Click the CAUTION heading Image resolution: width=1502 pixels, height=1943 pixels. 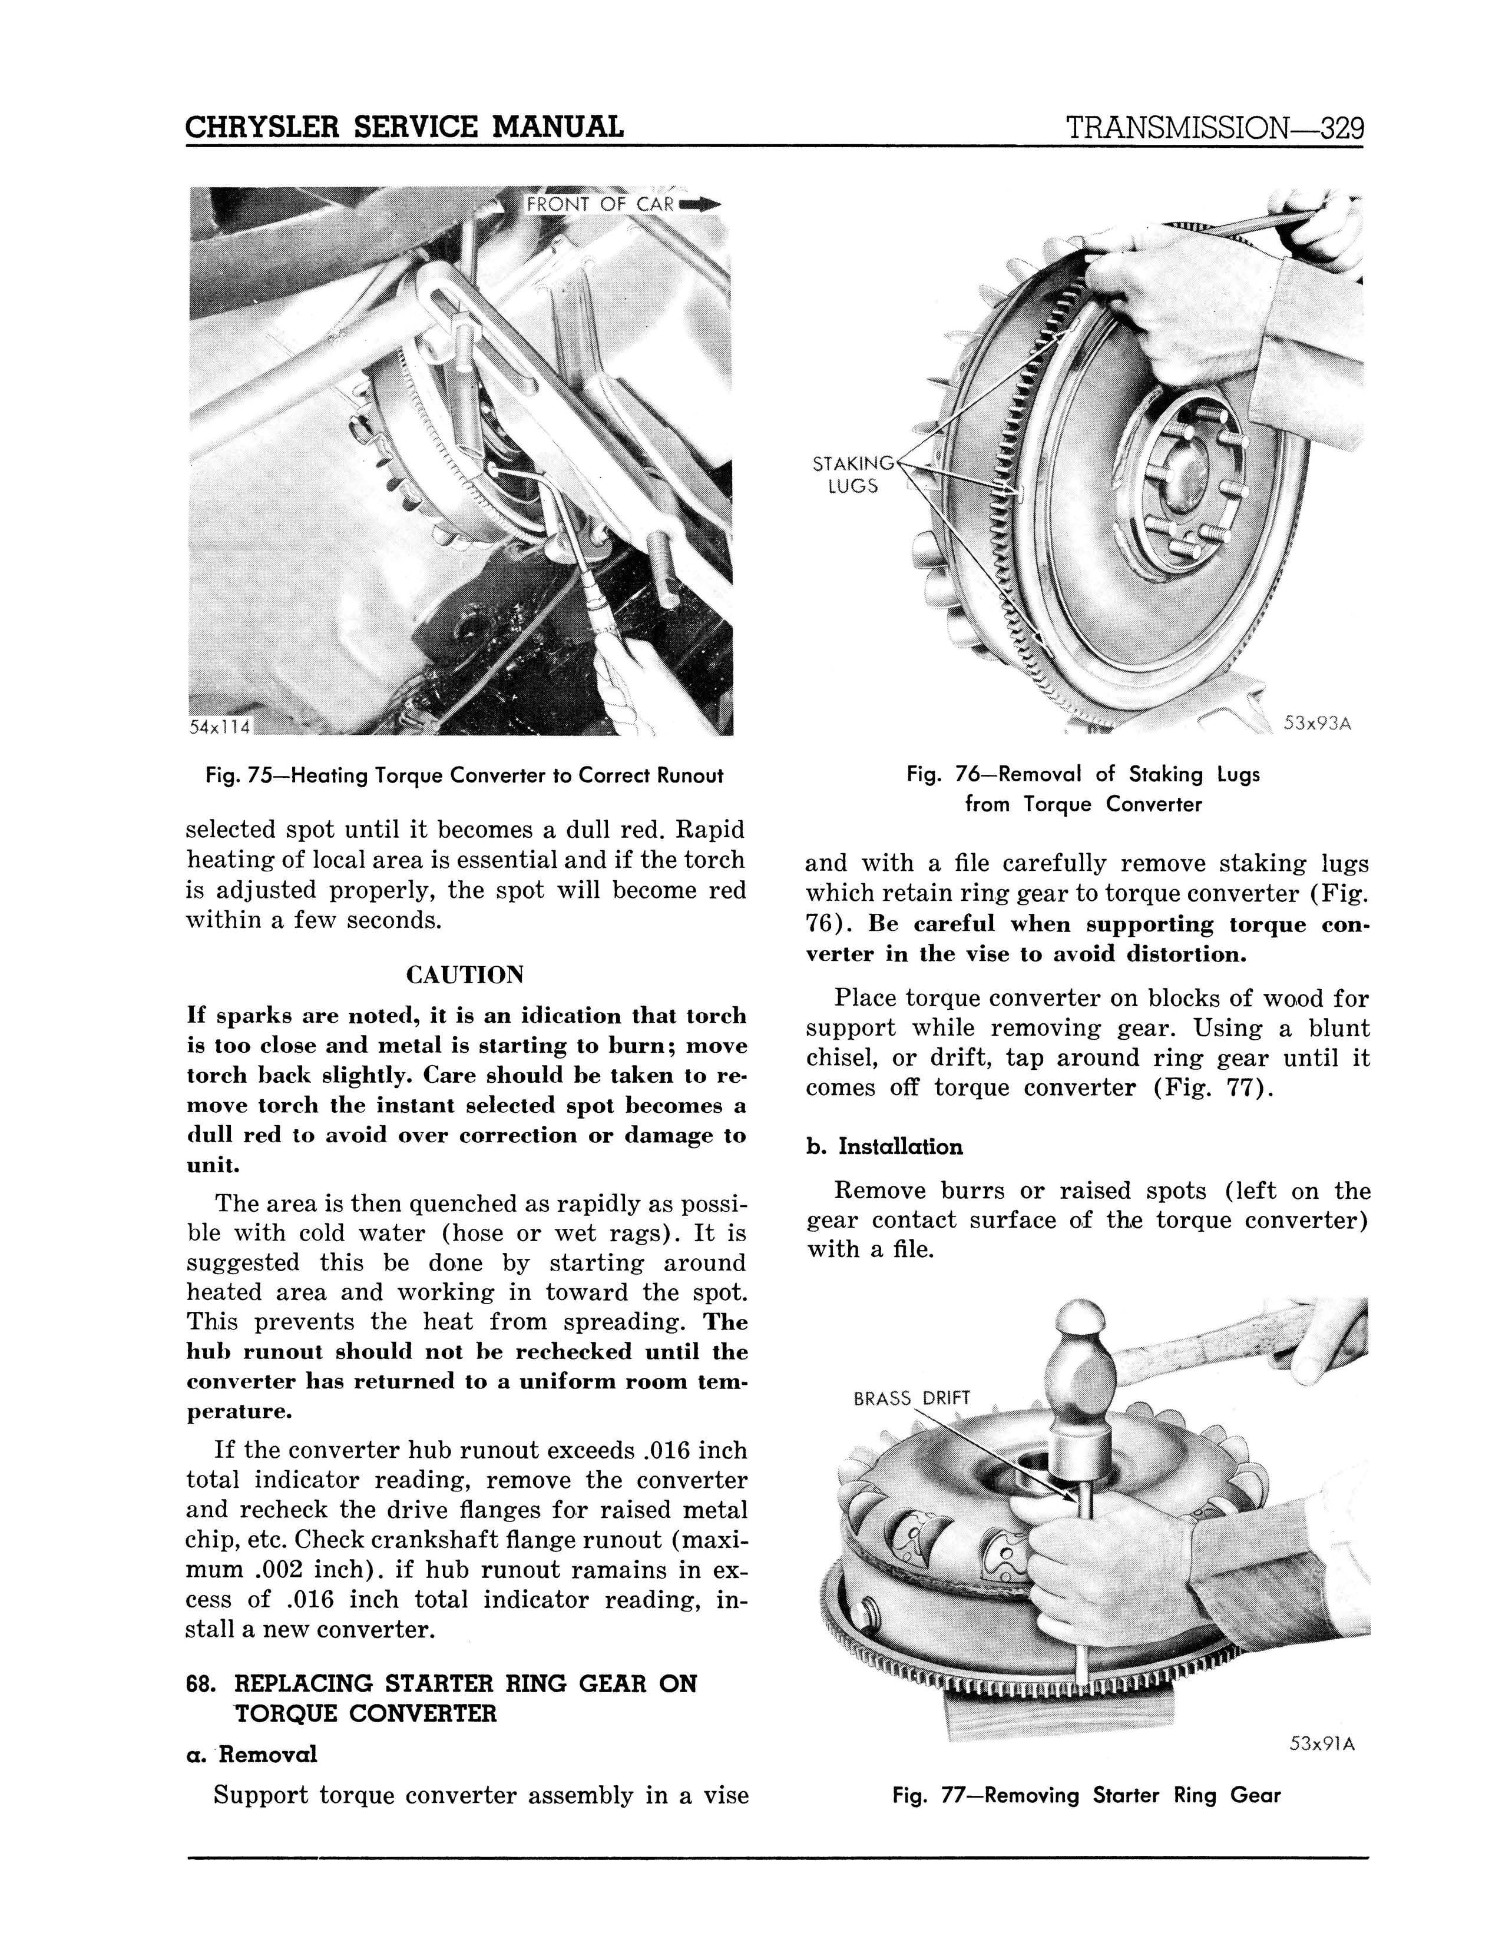tap(465, 975)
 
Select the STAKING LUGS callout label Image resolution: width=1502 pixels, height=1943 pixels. tap(852, 474)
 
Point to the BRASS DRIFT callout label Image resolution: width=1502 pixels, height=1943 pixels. tap(910, 1398)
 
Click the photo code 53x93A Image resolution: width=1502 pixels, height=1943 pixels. tap(1317, 723)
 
